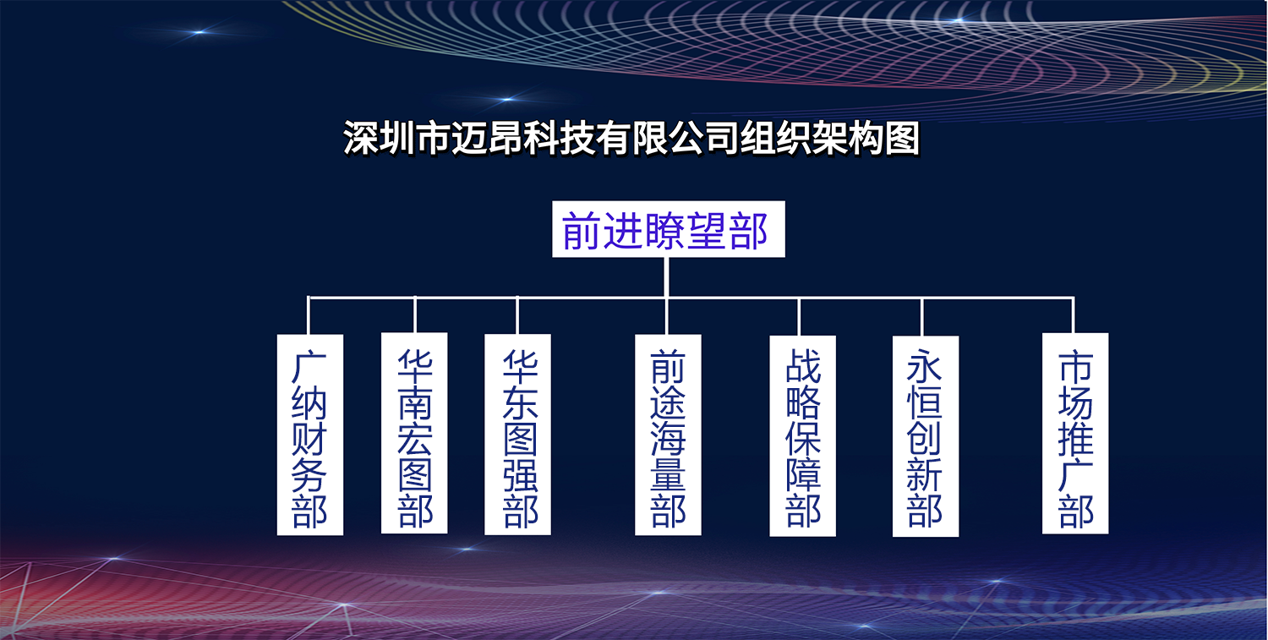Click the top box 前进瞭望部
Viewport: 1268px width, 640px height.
[669, 229]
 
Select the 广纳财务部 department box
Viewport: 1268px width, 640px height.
[310, 435]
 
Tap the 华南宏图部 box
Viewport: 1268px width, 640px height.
[414, 433]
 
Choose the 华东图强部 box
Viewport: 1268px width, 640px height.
[518, 435]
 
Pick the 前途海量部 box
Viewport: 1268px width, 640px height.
[668, 435]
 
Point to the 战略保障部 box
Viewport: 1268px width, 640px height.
[803, 435]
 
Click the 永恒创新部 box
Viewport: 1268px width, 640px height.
[926, 436]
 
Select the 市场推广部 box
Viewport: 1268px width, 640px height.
[1075, 433]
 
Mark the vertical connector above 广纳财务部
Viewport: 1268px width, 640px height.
[309, 315]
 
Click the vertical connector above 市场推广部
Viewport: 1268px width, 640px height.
[1074, 315]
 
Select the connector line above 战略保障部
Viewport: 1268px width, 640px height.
[799, 316]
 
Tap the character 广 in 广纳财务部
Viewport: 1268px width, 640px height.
[309, 366]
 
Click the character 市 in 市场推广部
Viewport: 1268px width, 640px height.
[1075, 366]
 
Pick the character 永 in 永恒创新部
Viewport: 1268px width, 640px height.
[925, 366]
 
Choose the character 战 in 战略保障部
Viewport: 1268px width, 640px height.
[803, 365]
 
